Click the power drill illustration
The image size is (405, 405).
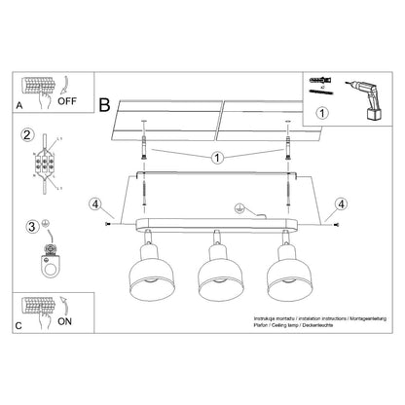363,100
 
